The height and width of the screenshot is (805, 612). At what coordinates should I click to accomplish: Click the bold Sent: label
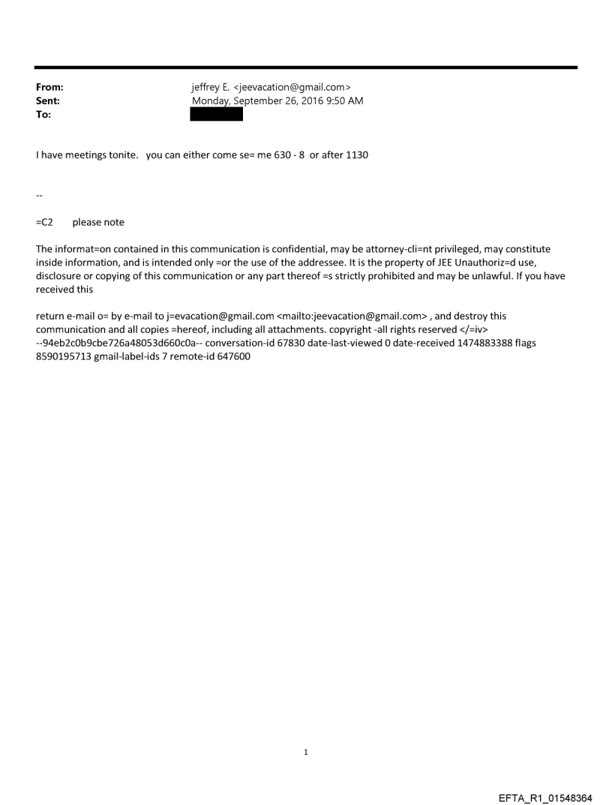tap(48, 101)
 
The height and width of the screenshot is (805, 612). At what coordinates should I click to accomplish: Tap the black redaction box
tap(217, 115)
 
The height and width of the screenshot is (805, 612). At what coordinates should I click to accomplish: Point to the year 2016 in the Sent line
tap(303, 101)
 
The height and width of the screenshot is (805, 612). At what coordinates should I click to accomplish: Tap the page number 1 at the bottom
tap(306, 751)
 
